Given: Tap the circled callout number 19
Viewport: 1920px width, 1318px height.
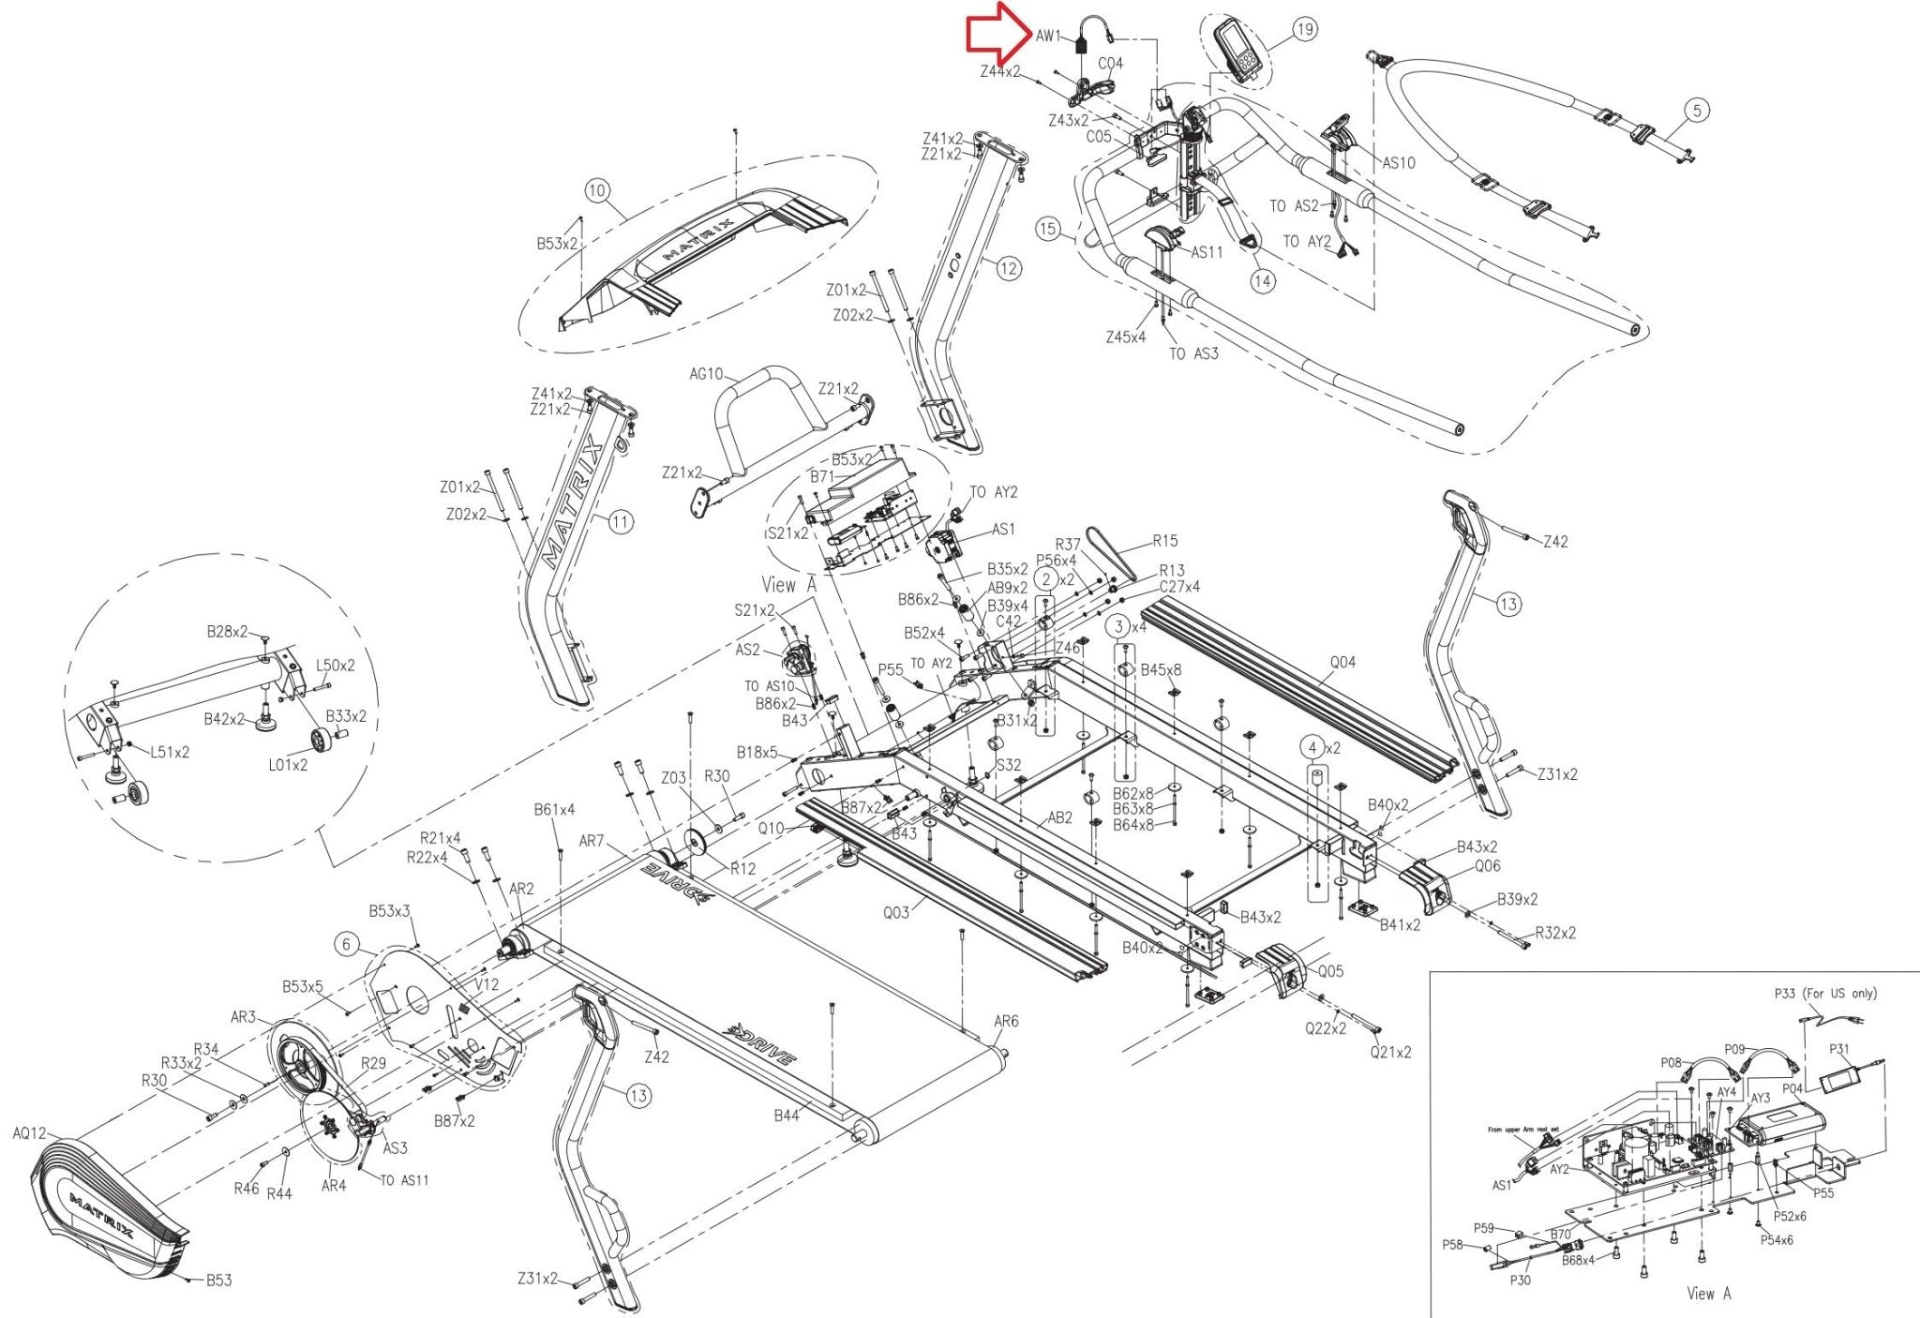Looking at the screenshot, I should click(x=1305, y=30).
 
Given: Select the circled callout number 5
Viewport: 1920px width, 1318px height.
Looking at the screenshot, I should click(x=1697, y=111).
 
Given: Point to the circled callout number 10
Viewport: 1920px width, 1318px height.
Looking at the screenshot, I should click(x=597, y=192).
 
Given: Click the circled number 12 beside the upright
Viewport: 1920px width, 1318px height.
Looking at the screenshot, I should click(x=1008, y=269).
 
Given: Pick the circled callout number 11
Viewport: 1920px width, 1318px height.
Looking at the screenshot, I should click(x=621, y=522).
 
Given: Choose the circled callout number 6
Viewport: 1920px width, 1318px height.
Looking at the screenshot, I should click(x=347, y=944).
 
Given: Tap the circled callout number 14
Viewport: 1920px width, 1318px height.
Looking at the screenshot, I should click(x=1263, y=280).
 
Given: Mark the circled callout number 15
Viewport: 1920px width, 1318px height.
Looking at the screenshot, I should click(x=1048, y=229).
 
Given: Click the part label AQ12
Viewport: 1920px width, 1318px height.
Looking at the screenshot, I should click(x=29, y=1133).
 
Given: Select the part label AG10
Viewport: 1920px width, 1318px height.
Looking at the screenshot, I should click(x=706, y=374).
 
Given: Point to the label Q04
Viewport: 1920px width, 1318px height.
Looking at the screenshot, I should click(x=1342, y=662).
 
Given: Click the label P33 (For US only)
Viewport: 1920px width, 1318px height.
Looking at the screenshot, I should click(x=1824, y=994).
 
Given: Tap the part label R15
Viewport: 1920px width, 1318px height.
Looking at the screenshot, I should click(x=1165, y=541).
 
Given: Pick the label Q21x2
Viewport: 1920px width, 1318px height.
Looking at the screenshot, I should click(x=1390, y=1053).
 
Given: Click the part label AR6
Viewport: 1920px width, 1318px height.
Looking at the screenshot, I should click(x=1006, y=1021).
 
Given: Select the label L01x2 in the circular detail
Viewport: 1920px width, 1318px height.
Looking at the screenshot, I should click(x=288, y=765).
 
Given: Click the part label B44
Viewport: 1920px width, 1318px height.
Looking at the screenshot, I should click(x=787, y=1116).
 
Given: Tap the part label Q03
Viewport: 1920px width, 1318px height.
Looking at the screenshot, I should click(x=896, y=911).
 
